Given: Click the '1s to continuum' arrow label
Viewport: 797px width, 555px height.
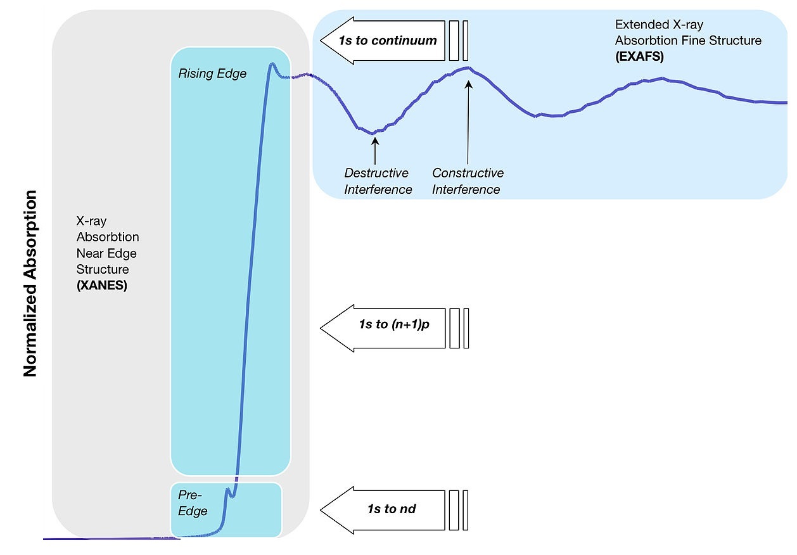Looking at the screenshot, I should [388, 41].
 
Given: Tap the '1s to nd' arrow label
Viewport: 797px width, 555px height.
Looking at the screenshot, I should [392, 508].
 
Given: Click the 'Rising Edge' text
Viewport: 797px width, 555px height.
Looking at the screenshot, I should [212, 74].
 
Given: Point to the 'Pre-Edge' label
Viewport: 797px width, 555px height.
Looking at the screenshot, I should [193, 502].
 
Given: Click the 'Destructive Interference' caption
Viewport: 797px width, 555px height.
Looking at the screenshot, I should [378, 181].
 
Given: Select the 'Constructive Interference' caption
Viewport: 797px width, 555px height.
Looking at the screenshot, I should [468, 181].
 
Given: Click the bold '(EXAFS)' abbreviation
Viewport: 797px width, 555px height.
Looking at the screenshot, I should [639, 57].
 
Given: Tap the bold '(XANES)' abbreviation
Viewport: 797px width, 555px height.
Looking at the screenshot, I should [102, 285].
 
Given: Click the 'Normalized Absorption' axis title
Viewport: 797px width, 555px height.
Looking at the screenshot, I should [30, 283].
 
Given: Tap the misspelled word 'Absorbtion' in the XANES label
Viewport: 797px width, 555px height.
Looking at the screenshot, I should [108, 238].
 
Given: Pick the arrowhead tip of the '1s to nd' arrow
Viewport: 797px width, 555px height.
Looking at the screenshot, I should [322, 509].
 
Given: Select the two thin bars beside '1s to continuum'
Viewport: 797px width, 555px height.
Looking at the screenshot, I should [459, 41].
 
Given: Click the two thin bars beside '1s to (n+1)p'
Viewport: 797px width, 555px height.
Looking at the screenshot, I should [459, 328].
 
